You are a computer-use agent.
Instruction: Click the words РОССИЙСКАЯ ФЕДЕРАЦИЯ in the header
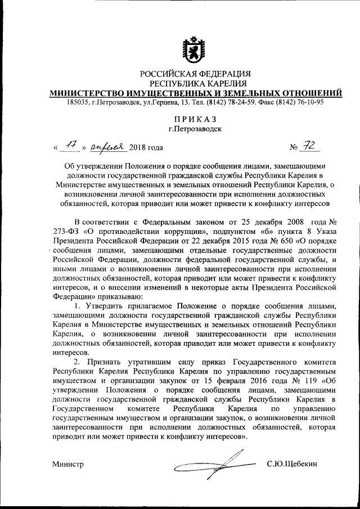click(195, 73)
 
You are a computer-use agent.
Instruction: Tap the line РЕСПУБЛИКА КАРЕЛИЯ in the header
click(195, 83)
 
